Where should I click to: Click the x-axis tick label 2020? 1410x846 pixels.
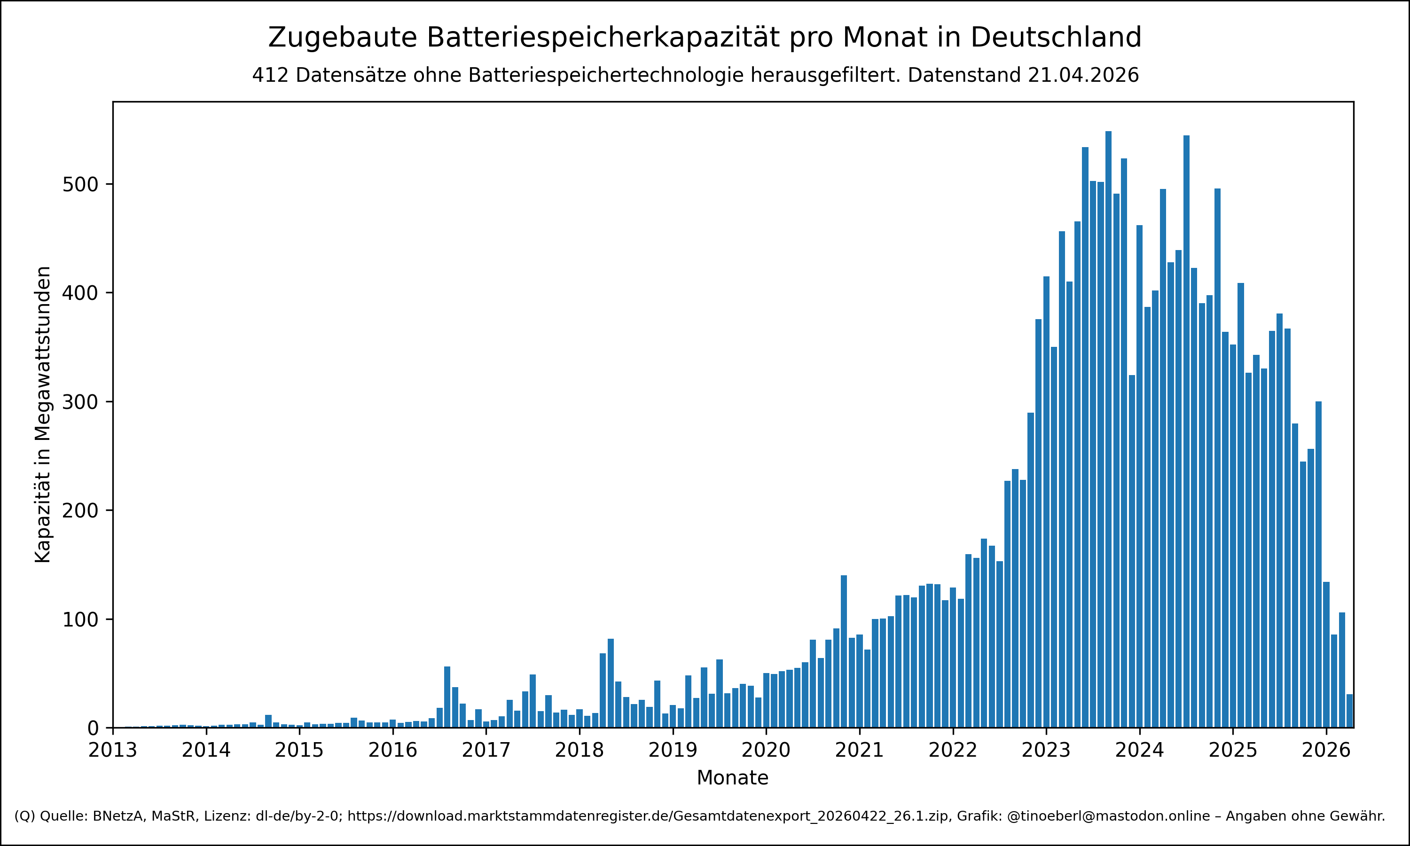(766, 750)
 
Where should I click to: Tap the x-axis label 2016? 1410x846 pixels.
(392, 750)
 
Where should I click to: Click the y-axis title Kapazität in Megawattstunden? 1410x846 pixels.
(43, 415)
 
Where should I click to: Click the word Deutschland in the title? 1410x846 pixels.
(1056, 38)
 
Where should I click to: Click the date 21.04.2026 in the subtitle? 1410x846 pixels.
(1083, 75)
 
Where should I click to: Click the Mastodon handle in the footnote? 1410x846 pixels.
(1108, 816)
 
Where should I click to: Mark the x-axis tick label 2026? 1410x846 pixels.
(1326, 750)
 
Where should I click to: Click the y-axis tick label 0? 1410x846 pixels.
(93, 728)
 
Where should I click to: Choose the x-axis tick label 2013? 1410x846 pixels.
(113, 750)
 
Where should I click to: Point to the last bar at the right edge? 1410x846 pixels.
(1349, 711)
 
